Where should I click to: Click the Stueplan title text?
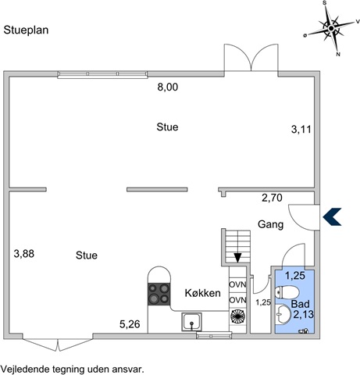point(26,30)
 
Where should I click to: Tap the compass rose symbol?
point(331,28)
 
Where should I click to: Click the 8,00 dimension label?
point(168,87)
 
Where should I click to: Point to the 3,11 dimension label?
point(301,129)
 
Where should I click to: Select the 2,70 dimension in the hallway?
point(272,198)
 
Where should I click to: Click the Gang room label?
point(271,224)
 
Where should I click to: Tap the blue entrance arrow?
point(332,216)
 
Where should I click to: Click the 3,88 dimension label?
point(24,253)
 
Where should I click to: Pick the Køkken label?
point(203,293)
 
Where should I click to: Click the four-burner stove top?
point(159,295)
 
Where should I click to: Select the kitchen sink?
point(191,322)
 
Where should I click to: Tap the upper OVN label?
point(237,284)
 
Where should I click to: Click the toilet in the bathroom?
point(287,292)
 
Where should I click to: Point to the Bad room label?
point(301,304)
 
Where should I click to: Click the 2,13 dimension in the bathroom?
point(304,314)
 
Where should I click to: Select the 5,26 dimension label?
point(130,324)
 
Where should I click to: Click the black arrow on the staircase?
point(237,258)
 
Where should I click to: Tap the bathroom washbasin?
point(283,314)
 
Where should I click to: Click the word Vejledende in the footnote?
point(27,370)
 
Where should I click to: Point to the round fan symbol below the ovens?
point(237,316)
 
